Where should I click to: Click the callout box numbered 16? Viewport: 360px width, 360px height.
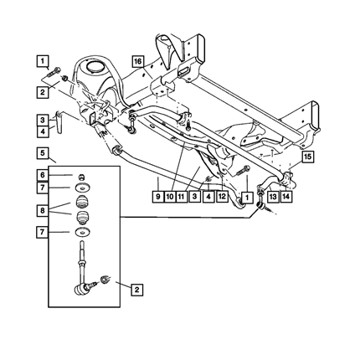(x=138, y=61)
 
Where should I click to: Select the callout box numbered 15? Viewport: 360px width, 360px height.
(x=307, y=157)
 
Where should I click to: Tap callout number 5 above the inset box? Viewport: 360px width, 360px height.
(x=43, y=153)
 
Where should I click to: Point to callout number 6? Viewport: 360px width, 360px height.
(x=43, y=175)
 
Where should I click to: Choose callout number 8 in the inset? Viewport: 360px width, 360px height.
(x=43, y=210)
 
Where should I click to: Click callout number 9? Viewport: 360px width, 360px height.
(x=158, y=197)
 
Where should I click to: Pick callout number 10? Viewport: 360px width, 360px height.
(x=170, y=197)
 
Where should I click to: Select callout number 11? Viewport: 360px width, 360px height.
(x=181, y=197)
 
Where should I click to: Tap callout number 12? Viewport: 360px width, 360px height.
(x=222, y=196)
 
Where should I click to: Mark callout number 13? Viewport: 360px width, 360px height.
(x=273, y=197)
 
